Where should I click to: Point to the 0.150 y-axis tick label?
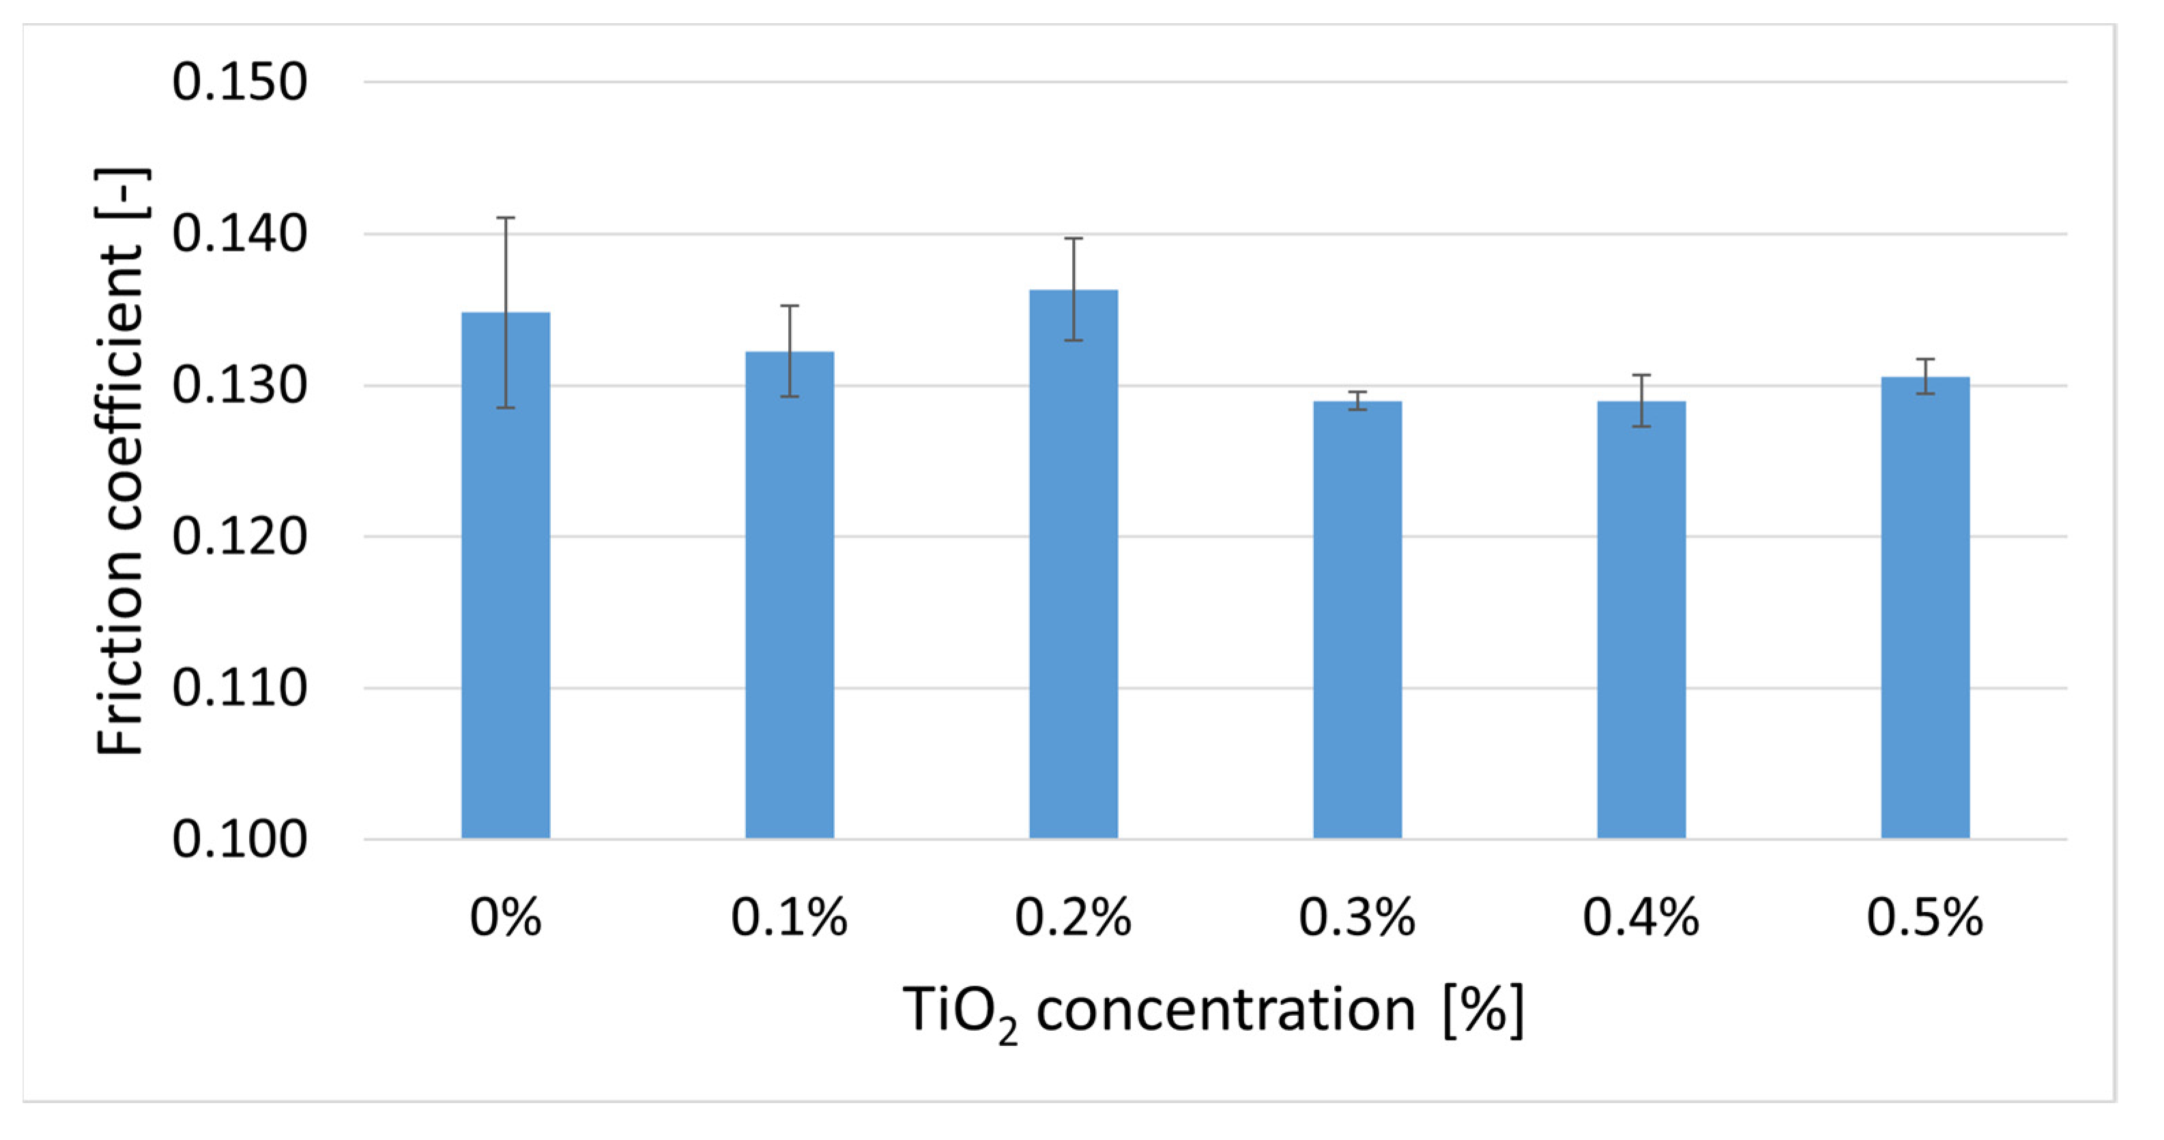click(x=240, y=83)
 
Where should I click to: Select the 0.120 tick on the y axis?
click(x=240, y=537)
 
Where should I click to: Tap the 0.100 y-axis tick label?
click(x=240, y=838)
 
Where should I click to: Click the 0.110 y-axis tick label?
click(x=240, y=688)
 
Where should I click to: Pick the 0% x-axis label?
click(x=506, y=918)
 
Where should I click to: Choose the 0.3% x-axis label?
click(x=1357, y=918)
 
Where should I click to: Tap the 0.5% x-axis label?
click(x=1925, y=918)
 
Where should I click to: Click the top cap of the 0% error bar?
click(x=506, y=218)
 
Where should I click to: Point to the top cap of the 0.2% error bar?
click(x=1073, y=239)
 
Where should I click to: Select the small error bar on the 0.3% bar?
click(x=1357, y=400)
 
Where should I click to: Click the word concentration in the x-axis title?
click(x=1226, y=1010)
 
